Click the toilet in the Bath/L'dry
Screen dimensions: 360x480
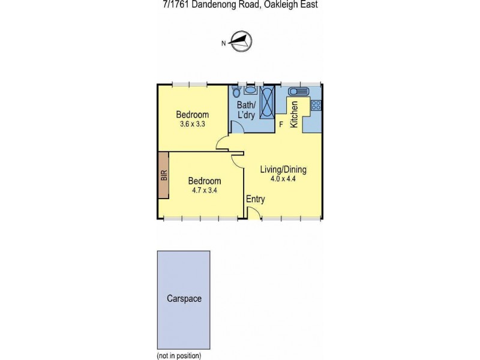click(236, 91)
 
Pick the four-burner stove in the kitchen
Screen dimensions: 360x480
click(316, 106)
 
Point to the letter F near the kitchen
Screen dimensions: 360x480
click(281, 125)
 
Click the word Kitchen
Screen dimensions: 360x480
click(295, 115)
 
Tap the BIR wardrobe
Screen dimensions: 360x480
click(163, 175)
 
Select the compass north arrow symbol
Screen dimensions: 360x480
click(242, 41)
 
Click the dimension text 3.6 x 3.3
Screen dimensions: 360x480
click(193, 125)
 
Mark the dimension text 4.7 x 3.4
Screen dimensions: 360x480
click(205, 191)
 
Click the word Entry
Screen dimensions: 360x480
click(255, 200)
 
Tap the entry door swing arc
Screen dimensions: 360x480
click(254, 213)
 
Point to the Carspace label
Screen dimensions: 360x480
click(184, 298)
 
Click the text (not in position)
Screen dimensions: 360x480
click(179, 355)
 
